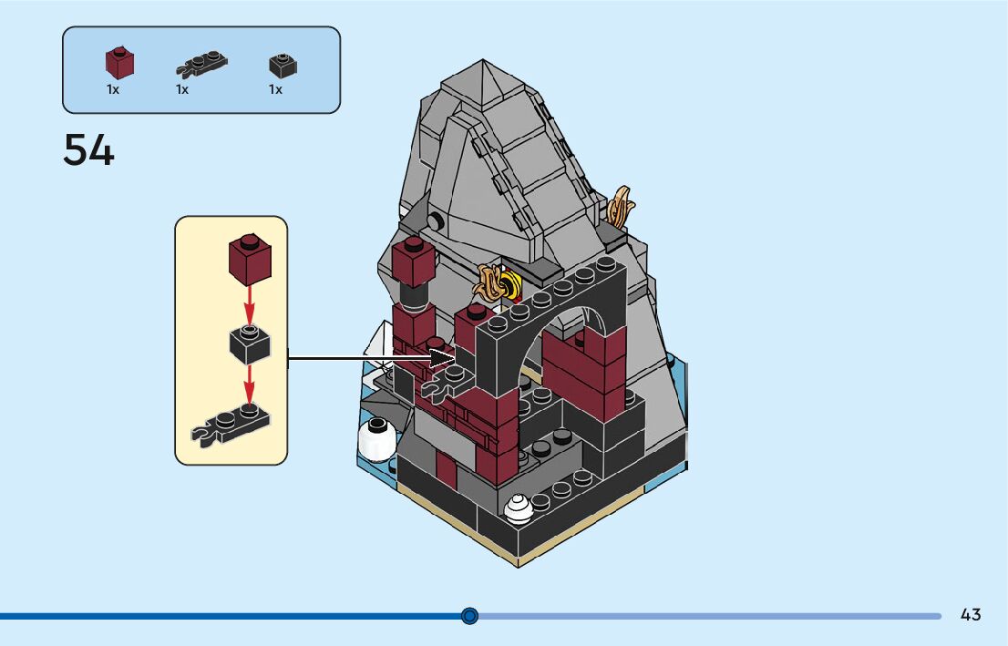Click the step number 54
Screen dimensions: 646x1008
click(88, 150)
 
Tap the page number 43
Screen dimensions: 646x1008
click(971, 615)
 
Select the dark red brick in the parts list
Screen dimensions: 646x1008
click(119, 63)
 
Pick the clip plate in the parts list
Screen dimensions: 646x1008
click(201, 64)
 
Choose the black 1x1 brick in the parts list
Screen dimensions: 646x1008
click(283, 65)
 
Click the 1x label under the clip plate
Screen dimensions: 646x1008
click(182, 89)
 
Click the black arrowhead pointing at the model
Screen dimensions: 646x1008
click(443, 357)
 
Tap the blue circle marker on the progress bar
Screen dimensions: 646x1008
click(469, 616)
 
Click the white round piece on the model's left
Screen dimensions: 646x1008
click(376, 438)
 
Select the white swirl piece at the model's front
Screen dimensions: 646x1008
click(519, 508)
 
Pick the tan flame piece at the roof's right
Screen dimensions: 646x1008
click(622, 207)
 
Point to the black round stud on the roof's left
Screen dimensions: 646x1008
click(437, 220)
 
